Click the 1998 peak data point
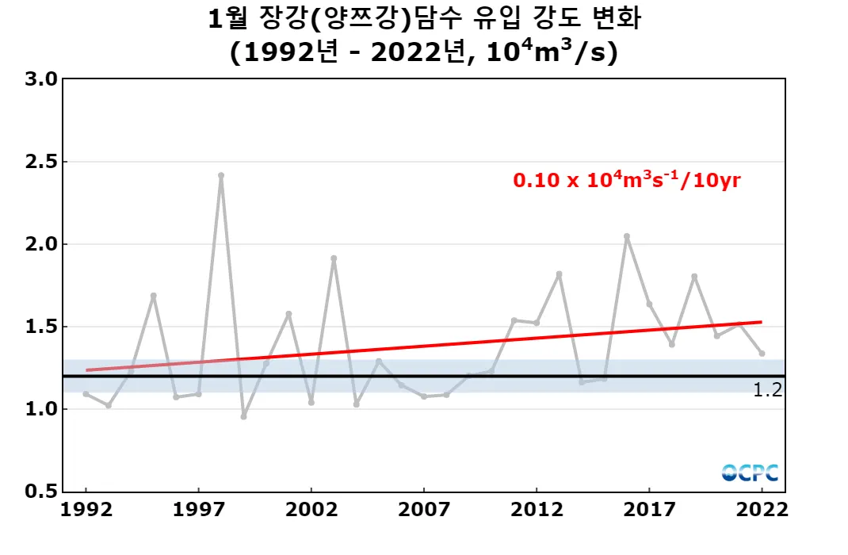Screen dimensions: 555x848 221,175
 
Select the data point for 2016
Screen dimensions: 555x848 627,236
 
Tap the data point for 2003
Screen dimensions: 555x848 334,258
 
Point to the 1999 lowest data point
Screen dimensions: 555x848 243,416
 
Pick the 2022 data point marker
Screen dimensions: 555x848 762,354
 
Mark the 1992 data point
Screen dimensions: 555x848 86,394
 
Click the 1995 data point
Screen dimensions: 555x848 153,296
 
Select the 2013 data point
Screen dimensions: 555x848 560,274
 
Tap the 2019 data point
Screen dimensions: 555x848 694,277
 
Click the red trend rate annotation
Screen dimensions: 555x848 627,180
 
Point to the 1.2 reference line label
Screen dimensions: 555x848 768,389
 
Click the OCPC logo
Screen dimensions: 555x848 750,473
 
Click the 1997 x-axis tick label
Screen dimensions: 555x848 198,510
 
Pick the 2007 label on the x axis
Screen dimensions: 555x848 424,510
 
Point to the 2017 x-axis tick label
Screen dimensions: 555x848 649,510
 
